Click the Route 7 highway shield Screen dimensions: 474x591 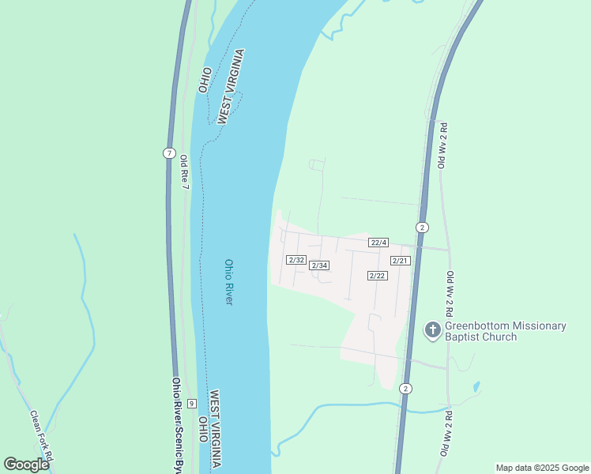(169, 152)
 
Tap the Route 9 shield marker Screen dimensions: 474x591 (191, 403)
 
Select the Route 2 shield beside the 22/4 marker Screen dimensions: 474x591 (423, 228)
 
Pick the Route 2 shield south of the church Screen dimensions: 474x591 (405, 388)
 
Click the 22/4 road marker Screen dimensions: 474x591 (379, 243)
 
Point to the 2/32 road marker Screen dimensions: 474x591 (296, 259)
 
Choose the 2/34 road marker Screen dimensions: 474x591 (319, 265)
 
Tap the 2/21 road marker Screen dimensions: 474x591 (400, 261)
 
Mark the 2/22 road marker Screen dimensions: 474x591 (377, 275)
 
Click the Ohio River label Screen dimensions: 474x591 (229, 282)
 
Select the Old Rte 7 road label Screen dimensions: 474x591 (185, 171)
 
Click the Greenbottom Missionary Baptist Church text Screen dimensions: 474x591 (505, 331)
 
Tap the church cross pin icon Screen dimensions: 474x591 (432, 329)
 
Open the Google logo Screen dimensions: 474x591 (26, 465)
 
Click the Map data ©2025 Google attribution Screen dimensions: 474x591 (542, 468)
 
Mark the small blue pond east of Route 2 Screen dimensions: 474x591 (476, 387)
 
